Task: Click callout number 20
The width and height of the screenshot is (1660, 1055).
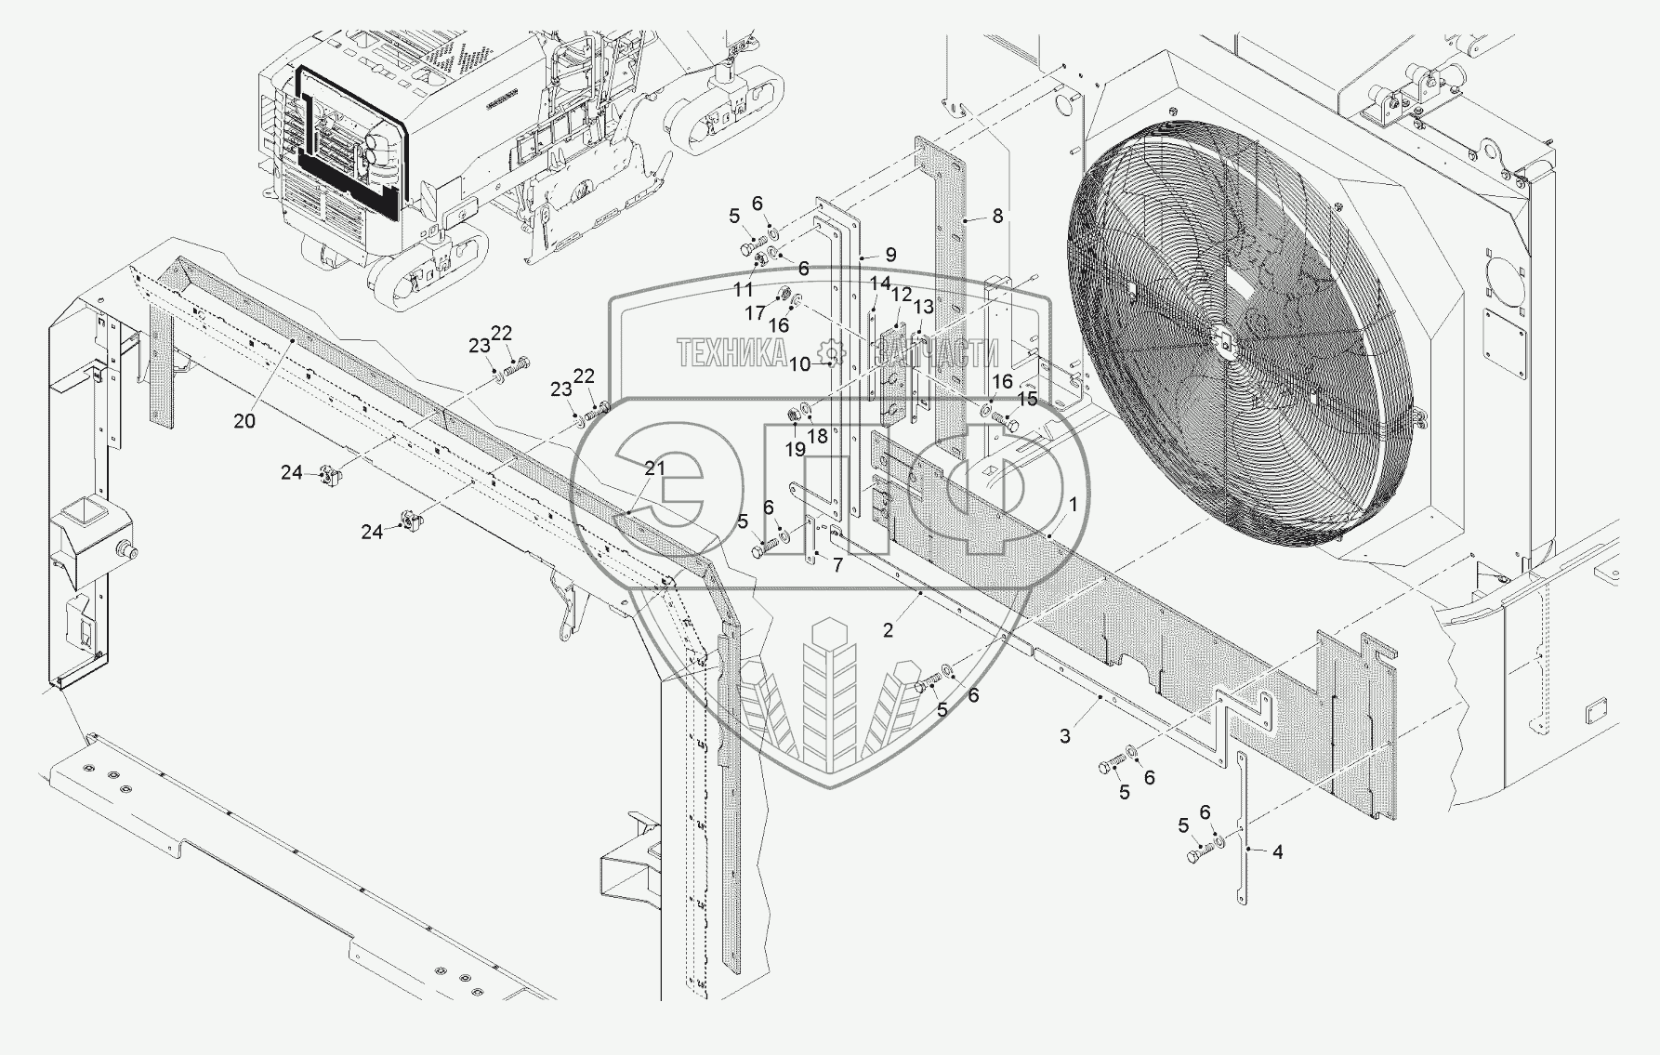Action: click(x=244, y=421)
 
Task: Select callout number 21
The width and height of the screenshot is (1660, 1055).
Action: click(x=655, y=468)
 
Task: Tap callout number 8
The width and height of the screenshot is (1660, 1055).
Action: click(x=997, y=216)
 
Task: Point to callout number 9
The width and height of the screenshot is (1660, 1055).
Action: click(x=890, y=254)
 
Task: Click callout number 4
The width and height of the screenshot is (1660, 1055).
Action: click(x=1277, y=851)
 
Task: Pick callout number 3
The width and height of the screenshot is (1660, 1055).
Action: click(x=1065, y=735)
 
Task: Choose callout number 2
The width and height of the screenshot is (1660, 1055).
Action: click(x=888, y=630)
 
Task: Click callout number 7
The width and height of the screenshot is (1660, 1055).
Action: click(x=837, y=564)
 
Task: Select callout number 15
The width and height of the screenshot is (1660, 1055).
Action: click(x=1027, y=398)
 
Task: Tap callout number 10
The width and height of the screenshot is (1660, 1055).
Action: click(x=800, y=364)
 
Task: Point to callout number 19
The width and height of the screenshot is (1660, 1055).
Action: click(x=795, y=449)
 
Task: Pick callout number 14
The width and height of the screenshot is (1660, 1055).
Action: click(x=879, y=283)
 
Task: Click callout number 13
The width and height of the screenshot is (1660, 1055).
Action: click(x=922, y=307)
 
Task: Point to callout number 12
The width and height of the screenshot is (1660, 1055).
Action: click(x=901, y=294)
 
